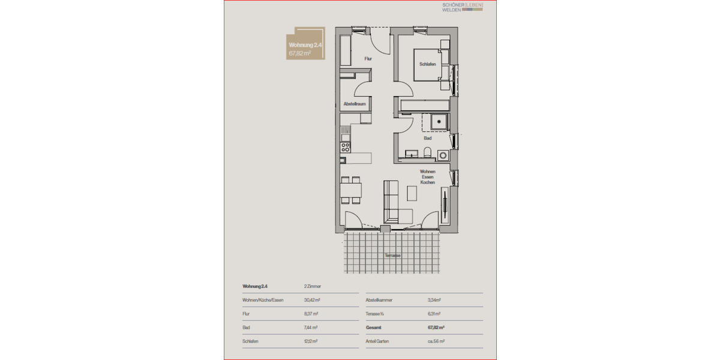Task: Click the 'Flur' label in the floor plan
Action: coord(368,59)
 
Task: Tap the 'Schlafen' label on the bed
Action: coord(428,64)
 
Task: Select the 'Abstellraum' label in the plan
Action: coord(354,104)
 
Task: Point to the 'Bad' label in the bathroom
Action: coord(427,138)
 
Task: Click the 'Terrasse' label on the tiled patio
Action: coord(393,256)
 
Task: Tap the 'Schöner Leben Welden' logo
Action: coord(461,8)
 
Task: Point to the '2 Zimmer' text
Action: coord(313,286)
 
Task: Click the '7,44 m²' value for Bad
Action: coord(311,328)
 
